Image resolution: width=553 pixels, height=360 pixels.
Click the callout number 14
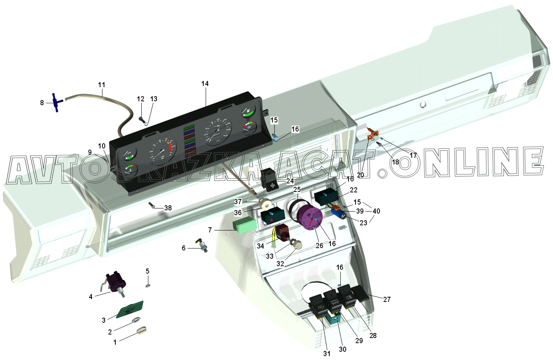[205, 84]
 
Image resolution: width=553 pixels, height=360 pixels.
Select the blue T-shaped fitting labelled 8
[56, 102]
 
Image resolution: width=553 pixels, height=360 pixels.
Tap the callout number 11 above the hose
[102, 85]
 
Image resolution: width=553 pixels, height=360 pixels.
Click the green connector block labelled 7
[245, 226]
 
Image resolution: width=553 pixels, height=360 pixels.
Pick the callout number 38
[168, 208]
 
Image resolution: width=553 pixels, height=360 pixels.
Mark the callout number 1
[115, 342]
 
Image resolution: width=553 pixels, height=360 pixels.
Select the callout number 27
[387, 300]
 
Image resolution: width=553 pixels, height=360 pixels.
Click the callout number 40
[376, 211]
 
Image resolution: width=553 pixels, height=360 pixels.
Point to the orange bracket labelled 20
[371, 136]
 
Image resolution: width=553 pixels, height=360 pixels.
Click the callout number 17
[413, 155]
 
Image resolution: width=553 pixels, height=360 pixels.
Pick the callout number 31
[327, 353]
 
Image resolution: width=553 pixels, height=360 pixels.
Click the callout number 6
[183, 248]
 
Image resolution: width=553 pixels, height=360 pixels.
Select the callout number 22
[354, 190]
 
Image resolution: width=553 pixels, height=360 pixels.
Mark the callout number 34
[261, 246]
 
